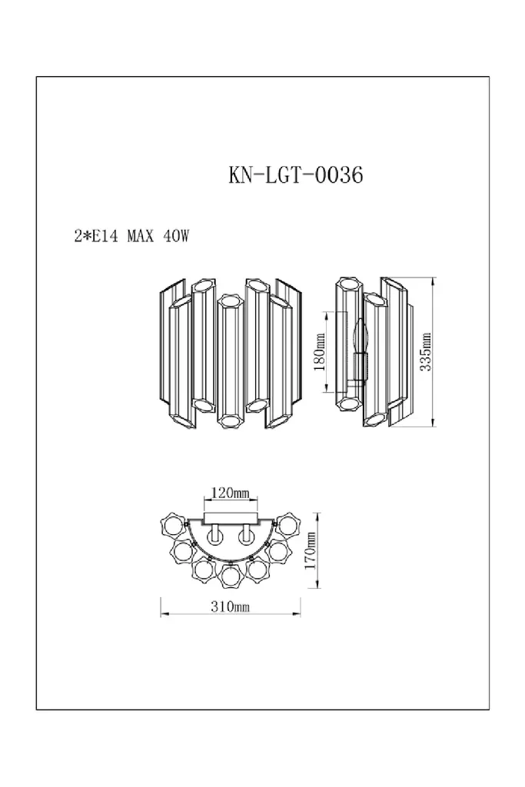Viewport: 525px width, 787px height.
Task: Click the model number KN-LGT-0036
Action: tap(296, 175)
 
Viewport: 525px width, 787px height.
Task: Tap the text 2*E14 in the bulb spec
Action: tap(96, 236)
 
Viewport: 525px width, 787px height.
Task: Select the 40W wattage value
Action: tap(176, 236)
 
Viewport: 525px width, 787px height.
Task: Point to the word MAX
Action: tap(140, 236)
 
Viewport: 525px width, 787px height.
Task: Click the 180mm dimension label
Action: tap(320, 351)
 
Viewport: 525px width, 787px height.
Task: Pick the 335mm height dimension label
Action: tap(426, 352)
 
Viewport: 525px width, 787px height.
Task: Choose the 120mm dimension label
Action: tap(230, 493)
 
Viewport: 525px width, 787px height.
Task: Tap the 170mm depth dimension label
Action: tap(311, 550)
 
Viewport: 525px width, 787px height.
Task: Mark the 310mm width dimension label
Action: tap(230, 607)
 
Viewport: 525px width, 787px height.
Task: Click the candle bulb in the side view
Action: tap(360, 337)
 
